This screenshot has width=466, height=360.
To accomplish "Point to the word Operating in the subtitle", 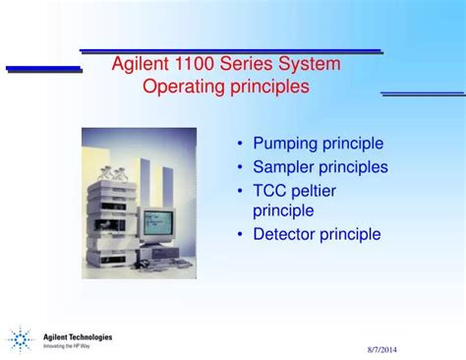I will (182, 87).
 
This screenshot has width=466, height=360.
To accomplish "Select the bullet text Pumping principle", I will (318, 144).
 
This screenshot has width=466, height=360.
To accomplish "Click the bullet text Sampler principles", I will (320, 167).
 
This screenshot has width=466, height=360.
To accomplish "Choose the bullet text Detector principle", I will (316, 234).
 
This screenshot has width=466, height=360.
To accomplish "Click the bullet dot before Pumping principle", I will (241, 145).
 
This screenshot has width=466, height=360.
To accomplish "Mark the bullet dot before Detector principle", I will (241, 235).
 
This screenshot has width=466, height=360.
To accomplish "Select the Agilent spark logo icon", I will (20, 340).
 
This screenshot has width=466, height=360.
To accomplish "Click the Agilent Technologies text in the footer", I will (78, 336).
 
